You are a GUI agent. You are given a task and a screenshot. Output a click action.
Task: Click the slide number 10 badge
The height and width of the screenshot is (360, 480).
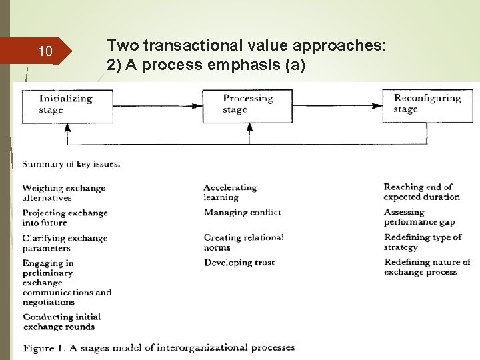pos(45,51)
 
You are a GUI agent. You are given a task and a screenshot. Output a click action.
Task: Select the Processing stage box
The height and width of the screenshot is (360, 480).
pos(247,104)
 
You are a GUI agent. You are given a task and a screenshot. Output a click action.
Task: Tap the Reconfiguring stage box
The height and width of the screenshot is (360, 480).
pos(427,104)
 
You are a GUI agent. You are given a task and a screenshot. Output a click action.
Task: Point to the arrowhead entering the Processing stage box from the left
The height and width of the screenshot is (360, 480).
pos(198,105)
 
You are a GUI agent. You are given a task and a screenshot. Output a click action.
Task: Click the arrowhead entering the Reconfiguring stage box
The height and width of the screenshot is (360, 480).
pos(378,105)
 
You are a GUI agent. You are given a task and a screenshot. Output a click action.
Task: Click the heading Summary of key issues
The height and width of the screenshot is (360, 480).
pos(71,164)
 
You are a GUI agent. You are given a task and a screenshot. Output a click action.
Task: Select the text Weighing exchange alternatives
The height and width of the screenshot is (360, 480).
pos(63,193)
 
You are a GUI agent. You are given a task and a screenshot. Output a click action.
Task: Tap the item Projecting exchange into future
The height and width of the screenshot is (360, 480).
pos(65,217)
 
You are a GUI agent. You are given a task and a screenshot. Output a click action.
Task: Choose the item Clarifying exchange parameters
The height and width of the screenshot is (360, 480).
pos(65,243)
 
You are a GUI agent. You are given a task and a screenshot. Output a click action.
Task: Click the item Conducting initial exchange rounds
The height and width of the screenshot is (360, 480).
pos(61,321)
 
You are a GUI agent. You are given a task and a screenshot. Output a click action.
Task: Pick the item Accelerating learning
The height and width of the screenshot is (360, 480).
pos(230,192)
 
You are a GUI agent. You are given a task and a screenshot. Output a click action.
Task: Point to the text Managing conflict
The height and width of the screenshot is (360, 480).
pos(242,213)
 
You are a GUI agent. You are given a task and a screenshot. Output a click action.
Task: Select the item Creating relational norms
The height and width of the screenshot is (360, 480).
pos(243,242)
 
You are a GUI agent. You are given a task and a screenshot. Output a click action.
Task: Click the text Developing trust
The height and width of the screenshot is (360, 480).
pos(239,263)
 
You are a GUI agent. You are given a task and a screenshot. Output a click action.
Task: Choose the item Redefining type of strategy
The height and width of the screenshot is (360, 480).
pos(423,242)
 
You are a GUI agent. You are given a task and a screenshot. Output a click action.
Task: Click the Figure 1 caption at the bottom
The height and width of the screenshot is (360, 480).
pos(159,347)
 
